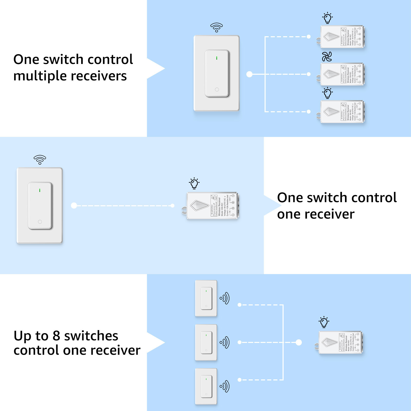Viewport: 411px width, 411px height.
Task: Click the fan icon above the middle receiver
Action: pyautogui.click(x=327, y=57)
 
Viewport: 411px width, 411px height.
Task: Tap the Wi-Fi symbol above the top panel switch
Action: pyautogui.click(x=217, y=27)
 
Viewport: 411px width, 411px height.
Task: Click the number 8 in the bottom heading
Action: pyautogui.click(x=56, y=336)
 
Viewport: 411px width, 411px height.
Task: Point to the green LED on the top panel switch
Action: pyautogui.click(x=217, y=58)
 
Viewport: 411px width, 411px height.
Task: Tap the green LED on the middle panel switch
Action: pyautogui.click(x=40, y=190)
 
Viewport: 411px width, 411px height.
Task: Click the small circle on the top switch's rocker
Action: pyautogui.click(x=217, y=89)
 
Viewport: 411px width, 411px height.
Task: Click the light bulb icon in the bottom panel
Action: pyautogui.click(x=324, y=322)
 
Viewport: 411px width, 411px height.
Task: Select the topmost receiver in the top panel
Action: pyautogui.click(x=342, y=37)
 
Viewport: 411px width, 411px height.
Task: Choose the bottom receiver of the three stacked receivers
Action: pyautogui.click(x=342, y=112)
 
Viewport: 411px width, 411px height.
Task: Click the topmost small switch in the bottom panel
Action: pyautogui.click(x=206, y=298)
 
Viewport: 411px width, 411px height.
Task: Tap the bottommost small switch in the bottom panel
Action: pyautogui.click(x=206, y=387)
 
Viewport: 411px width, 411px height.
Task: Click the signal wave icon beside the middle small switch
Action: pyautogui.click(x=225, y=342)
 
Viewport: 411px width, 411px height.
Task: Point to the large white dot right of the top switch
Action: pyautogui.click(x=249, y=74)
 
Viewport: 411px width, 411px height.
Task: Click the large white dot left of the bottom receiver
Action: pyautogui.click(x=299, y=342)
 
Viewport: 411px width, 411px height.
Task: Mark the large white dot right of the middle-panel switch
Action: pyautogui.click(x=74, y=206)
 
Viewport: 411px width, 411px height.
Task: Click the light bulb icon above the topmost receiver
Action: pyautogui.click(x=328, y=18)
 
